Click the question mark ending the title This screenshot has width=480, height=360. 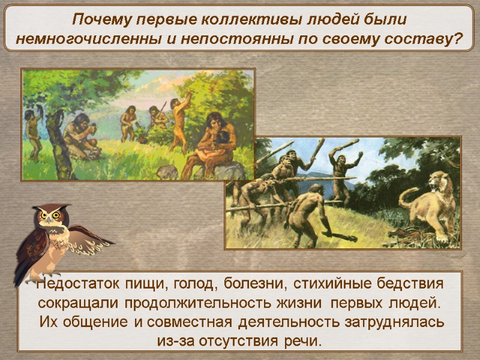(x=460, y=40)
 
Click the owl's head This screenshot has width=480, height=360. (x=50, y=215)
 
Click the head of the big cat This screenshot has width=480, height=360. (x=440, y=182)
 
